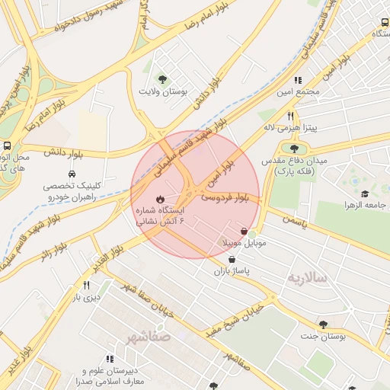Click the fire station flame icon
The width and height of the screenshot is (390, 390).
159,200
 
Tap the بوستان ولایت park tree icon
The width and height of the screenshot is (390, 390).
161,78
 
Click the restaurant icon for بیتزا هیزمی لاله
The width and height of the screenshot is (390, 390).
290,117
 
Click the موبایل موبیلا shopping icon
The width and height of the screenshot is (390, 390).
244,232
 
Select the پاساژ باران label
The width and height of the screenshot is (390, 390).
232,270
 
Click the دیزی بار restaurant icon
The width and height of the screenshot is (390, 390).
86,286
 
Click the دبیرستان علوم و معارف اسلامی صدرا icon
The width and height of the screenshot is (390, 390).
110,358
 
